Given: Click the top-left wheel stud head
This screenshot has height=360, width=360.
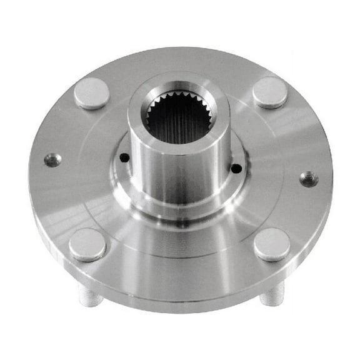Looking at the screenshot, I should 92,93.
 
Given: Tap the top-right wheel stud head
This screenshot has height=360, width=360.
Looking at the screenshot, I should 270,92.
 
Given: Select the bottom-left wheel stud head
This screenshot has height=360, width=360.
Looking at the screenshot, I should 87,244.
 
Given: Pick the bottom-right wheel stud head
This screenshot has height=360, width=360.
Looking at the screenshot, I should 272,244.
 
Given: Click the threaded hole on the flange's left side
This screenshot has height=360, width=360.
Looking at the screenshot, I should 52,160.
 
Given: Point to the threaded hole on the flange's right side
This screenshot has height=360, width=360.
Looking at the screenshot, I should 308,179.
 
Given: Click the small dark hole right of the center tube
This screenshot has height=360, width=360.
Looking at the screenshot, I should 236,168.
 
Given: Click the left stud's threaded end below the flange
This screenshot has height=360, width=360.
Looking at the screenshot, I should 91,295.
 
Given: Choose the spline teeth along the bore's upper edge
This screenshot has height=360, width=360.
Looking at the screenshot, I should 179,97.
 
